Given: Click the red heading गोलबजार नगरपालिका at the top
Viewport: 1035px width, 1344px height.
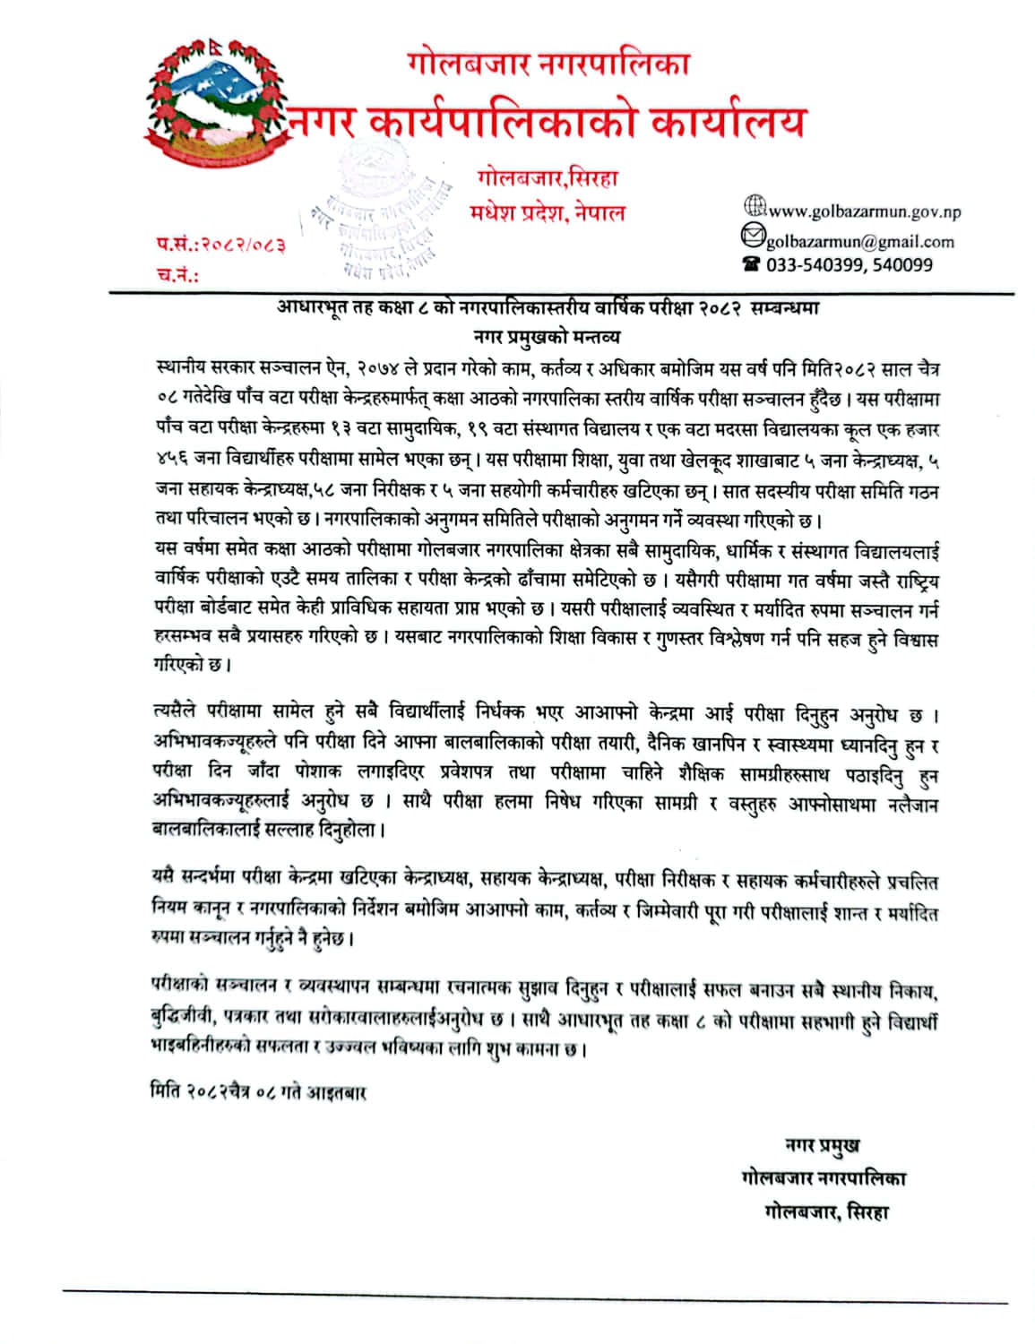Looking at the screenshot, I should [548, 65].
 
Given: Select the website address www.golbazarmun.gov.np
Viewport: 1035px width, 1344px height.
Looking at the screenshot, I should [864, 212].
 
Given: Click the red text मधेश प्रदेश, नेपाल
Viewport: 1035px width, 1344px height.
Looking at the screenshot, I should [548, 213].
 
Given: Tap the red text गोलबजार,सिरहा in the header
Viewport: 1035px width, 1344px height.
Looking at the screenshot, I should [548, 178].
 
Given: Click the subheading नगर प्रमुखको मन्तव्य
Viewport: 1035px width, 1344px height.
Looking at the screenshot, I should [547, 338].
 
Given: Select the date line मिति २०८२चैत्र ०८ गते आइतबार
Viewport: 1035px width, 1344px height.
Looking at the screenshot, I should [258, 1093].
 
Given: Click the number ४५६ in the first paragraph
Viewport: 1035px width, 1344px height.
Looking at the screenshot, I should [171, 461].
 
